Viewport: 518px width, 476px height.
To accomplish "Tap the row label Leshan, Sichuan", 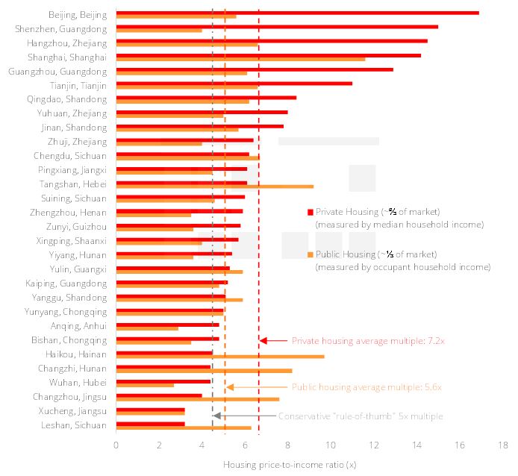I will pyautogui.click(x=74, y=425).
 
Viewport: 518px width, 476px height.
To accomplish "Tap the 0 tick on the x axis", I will pyautogui.click(x=116, y=445).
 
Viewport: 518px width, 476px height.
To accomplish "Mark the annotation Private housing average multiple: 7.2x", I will pyautogui.click(x=367, y=340).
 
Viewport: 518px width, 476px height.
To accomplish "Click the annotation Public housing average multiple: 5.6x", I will pyautogui.click(x=366, y=387).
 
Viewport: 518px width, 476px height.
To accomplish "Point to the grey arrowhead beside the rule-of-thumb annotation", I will pyautogui.click(x=216, y=416).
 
